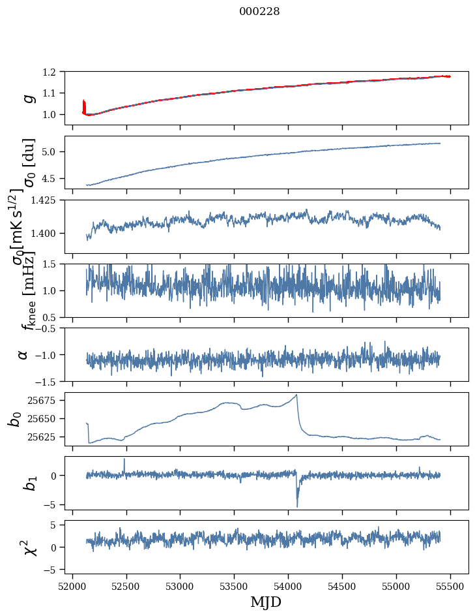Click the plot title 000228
point(259,12)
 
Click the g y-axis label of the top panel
point(28,99)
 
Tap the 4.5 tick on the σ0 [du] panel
point(52,178)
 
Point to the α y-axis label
point(23,354)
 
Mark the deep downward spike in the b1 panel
point(297,506)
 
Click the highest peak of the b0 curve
point(296,395)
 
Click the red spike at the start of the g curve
point(84,104)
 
